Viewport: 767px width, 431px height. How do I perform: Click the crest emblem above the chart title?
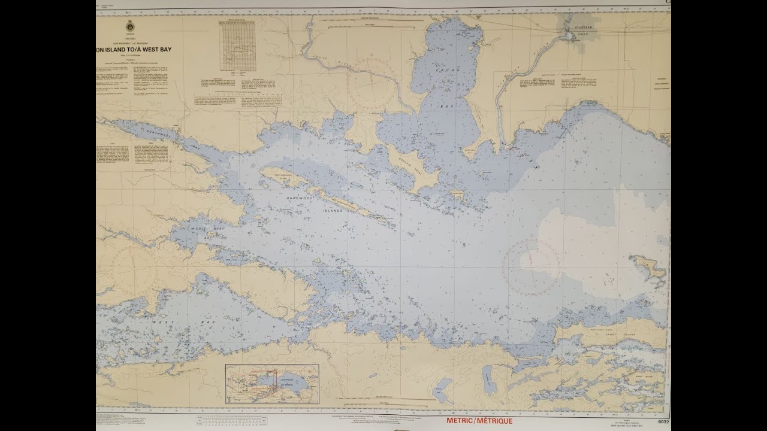coord(129,28)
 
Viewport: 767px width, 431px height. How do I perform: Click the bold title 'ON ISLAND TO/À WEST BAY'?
coord(133,50)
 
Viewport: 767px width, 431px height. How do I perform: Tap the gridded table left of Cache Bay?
coord(237,45)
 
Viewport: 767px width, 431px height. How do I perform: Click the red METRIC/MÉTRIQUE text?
coord(479,421)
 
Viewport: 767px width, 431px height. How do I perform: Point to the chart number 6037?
coord(662,423)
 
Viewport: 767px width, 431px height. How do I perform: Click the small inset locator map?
coord(272,384)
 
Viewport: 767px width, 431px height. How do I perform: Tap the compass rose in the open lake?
coord(530,266)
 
